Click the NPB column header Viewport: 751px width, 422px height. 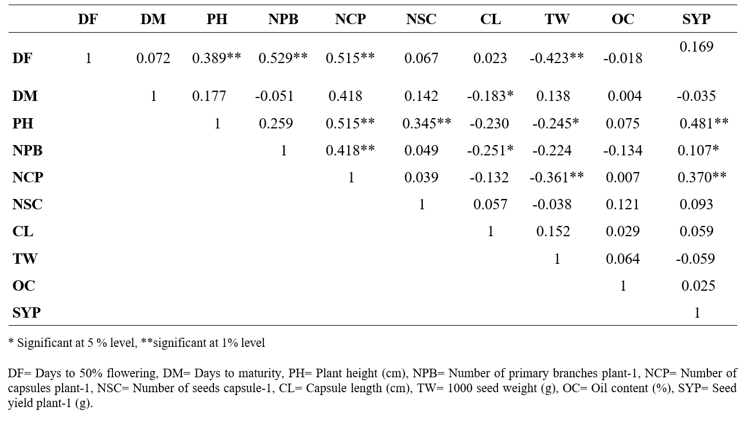click(x=283, y=19)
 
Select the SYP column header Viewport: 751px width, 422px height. click(x=696, y=19)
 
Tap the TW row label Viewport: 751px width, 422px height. click(x=25, y=259)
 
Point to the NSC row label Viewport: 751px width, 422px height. click(x=27, y=205)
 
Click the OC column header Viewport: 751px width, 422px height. click(x=622, y=19)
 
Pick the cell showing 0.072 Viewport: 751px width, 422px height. click(x=153, y=58)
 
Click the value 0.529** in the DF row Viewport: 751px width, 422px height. click(x=283, y=58)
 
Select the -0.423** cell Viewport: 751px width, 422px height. click(x=557, y=58)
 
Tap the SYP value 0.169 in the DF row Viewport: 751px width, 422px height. click(x=696, y=46)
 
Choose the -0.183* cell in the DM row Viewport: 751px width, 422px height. click(x=490, y=96)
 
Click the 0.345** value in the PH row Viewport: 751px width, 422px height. click(x=426, y=123)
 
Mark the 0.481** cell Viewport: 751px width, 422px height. click(x=704, y=123)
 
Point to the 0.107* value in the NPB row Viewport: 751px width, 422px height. click(x=698, y=151)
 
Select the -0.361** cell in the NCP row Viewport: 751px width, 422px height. click(x=557, y=178)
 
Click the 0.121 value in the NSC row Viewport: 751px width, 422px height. click(x=622, y=205)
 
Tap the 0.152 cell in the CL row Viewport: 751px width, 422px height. click(x=553, y=232)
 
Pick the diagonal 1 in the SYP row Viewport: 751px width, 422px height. click(x=696, y=313)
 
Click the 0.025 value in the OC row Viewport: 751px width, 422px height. click(x=698, y=286)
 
